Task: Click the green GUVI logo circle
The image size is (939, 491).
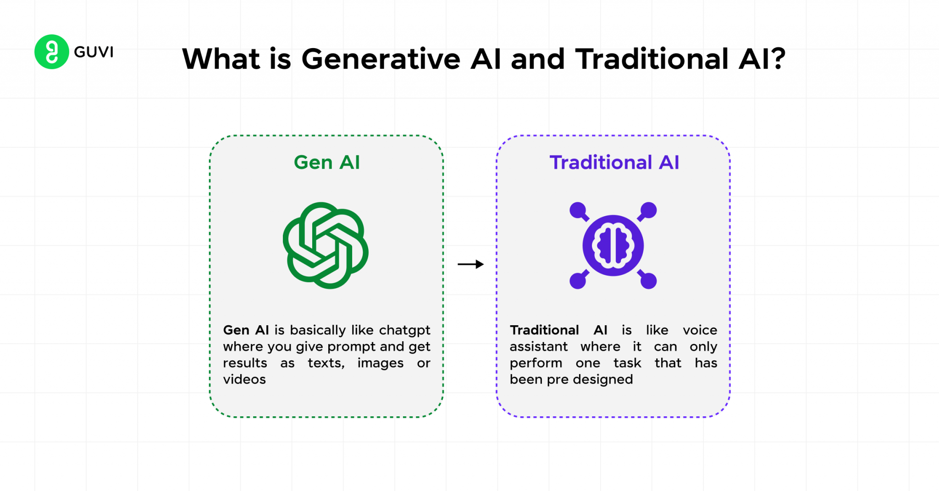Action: tap(52, 52)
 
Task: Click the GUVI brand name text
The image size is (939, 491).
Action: tap(94, 52)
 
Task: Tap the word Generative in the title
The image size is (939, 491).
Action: tap(381, 60)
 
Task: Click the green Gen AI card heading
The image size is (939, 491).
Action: tap(326, 163)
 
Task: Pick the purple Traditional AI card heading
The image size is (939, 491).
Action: tap(614, 163)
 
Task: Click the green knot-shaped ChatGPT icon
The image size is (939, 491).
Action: tap(326, 245)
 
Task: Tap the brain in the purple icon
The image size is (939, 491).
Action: tap(613, 245)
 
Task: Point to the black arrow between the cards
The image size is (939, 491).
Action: tap(471, 264)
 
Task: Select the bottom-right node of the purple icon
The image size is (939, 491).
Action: tap(648, 281)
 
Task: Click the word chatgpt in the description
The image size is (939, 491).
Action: tap(404, 331)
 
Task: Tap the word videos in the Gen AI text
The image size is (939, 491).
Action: tap(244, 380)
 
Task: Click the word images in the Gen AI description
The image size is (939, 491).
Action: tap(380, 363)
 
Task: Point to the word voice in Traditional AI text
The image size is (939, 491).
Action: tap(700, 330)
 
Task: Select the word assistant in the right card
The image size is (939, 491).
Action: tap(538, 347)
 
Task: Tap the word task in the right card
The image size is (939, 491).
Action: tap(627, 363)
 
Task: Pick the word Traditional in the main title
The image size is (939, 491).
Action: tap(652, 60)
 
